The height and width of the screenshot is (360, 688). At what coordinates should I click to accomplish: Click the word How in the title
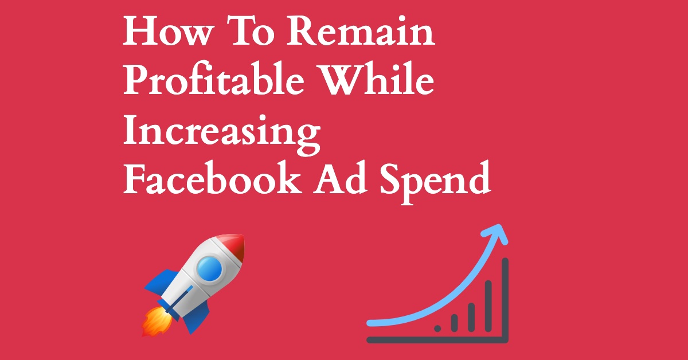pos(169,31)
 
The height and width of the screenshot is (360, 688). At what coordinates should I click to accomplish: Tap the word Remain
pos(361,31)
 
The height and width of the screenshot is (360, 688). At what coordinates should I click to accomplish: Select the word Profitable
pos(214,79)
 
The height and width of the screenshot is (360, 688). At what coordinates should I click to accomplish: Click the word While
pos(376,79)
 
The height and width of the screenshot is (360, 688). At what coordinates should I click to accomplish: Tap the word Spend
pos(436,183)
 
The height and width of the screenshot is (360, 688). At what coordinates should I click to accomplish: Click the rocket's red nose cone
pos(232,248)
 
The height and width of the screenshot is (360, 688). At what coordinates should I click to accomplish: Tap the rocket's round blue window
pos(209,268)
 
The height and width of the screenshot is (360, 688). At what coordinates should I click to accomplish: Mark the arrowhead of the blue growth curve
pos(496,234)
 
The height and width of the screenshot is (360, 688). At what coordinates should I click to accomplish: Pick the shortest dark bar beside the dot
pos(455,323)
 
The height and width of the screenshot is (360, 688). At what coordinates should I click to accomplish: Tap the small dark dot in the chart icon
pos(437,328)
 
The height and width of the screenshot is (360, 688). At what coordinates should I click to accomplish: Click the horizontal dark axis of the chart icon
pos(437,340)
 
